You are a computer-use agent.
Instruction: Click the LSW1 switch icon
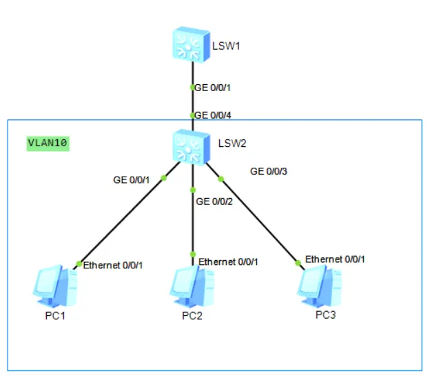click(192, 45)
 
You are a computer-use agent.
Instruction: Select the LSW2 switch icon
click(192, 147)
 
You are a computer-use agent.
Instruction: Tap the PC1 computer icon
click(55, 286)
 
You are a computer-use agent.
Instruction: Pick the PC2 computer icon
click(192, 286)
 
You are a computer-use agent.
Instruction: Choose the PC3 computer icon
click(320, 286)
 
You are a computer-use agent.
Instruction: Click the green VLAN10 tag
click(48, 144)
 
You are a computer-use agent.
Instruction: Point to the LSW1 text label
click(226, 46)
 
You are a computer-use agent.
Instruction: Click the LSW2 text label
click(232, 144)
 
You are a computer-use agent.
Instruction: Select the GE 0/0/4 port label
click(213, 115)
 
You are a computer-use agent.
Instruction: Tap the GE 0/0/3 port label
click(269, 171)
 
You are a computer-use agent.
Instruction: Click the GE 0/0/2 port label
click(214, 201)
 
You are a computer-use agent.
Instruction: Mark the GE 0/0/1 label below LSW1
click(212, 88)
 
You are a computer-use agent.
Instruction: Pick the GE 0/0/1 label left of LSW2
click(132, 180)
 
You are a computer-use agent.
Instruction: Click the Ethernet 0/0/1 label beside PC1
click(113, 266)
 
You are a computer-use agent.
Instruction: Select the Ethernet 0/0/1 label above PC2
click(228, 261)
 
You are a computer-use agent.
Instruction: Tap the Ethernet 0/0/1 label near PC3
click(335, 259)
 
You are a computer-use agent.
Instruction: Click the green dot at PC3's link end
click(298, 263)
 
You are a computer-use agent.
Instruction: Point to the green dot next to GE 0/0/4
click(193, 116)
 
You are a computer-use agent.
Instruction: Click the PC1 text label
click(55, 315)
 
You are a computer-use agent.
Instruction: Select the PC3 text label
click(326, 315)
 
